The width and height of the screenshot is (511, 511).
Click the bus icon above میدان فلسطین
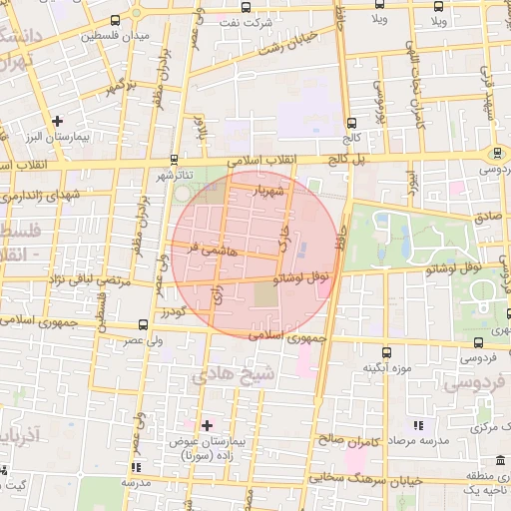click(x=117, y=19)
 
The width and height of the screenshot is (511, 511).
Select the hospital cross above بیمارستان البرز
click(x=58, y=121)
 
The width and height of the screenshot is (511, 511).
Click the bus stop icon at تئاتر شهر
click(x=175, y=160)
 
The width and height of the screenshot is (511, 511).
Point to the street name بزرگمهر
click(x=110, y=87)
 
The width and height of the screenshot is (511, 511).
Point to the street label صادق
click(x=488, y=215)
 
